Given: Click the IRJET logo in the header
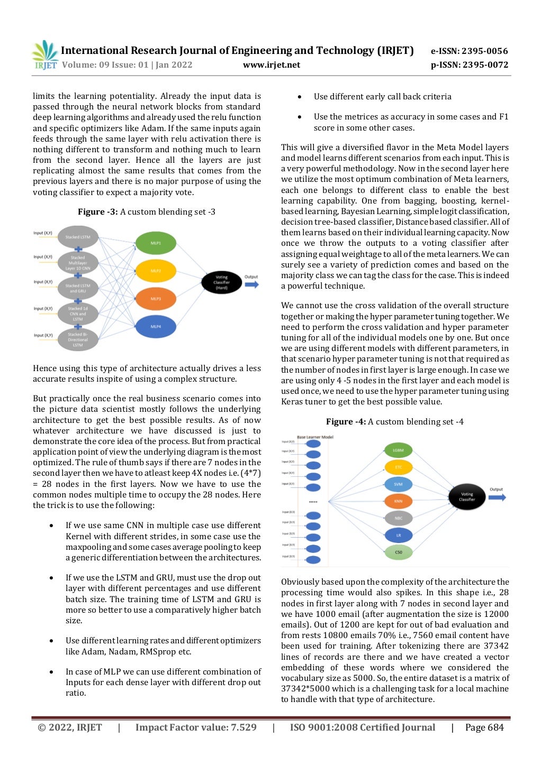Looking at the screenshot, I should [44, 56].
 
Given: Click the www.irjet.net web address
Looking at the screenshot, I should [272, 65].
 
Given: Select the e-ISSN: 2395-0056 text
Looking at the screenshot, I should [469, 51].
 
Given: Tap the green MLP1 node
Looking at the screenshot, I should [156, 243].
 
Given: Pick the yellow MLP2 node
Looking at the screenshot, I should [156, 271].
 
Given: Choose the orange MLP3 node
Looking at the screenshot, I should [156, 299].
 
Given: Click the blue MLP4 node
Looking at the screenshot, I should [156, 327].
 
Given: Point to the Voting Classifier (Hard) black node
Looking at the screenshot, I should [221, 282].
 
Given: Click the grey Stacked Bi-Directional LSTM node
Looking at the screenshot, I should [78, 339].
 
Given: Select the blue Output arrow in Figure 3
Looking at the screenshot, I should [251, 284].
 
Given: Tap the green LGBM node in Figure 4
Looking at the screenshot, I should [398, 450].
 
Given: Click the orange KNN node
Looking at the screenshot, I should [398, 501].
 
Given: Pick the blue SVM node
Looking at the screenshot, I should [398, 484].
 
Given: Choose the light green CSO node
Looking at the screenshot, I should [398, 552].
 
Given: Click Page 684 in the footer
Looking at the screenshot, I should [484, 727].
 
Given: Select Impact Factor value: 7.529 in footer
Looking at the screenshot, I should [196, 727].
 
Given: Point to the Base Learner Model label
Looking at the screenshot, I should [315, 437].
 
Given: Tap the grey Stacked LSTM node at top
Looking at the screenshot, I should [78, 237].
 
